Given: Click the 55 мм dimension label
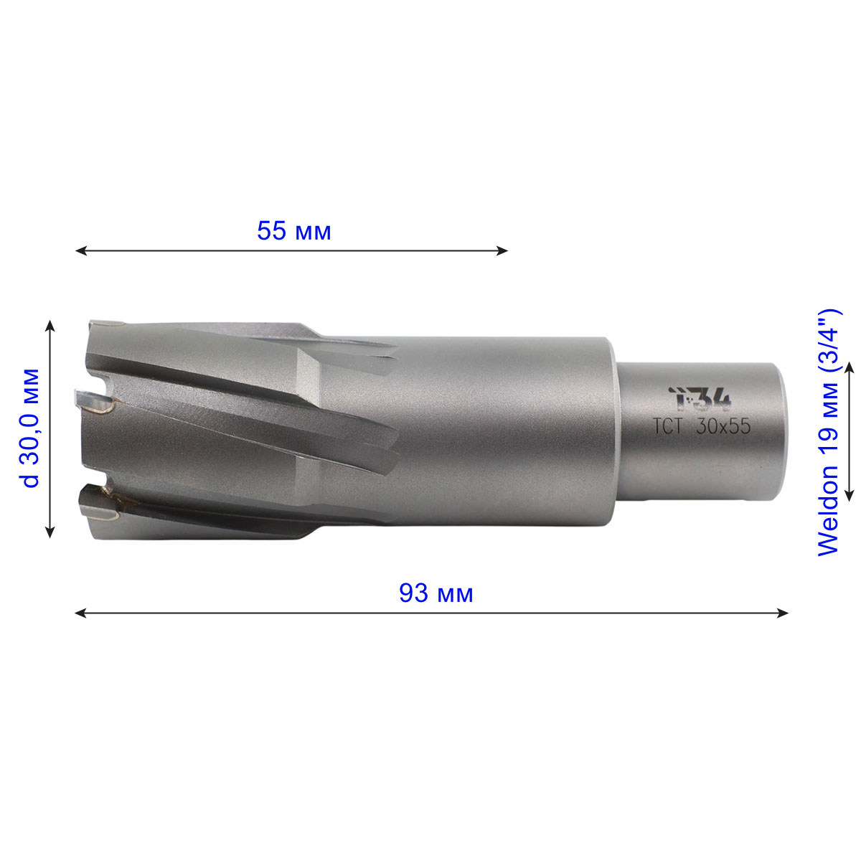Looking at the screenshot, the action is click(294, 232).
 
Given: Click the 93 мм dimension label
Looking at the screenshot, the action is click(436, 593).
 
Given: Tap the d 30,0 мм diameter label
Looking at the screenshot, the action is click(30, 428).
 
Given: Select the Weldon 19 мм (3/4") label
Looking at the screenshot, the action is click(828, 432).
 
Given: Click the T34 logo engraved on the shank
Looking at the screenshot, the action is click(700, 398).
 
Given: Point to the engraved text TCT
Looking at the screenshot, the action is click(667, 426).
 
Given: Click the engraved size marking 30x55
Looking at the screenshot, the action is click(723, 426).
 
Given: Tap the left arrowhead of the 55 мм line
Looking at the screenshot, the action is click(81, 250).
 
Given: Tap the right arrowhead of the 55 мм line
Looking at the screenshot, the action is click(502, 250).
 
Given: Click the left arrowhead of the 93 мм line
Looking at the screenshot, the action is click(81, 613).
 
